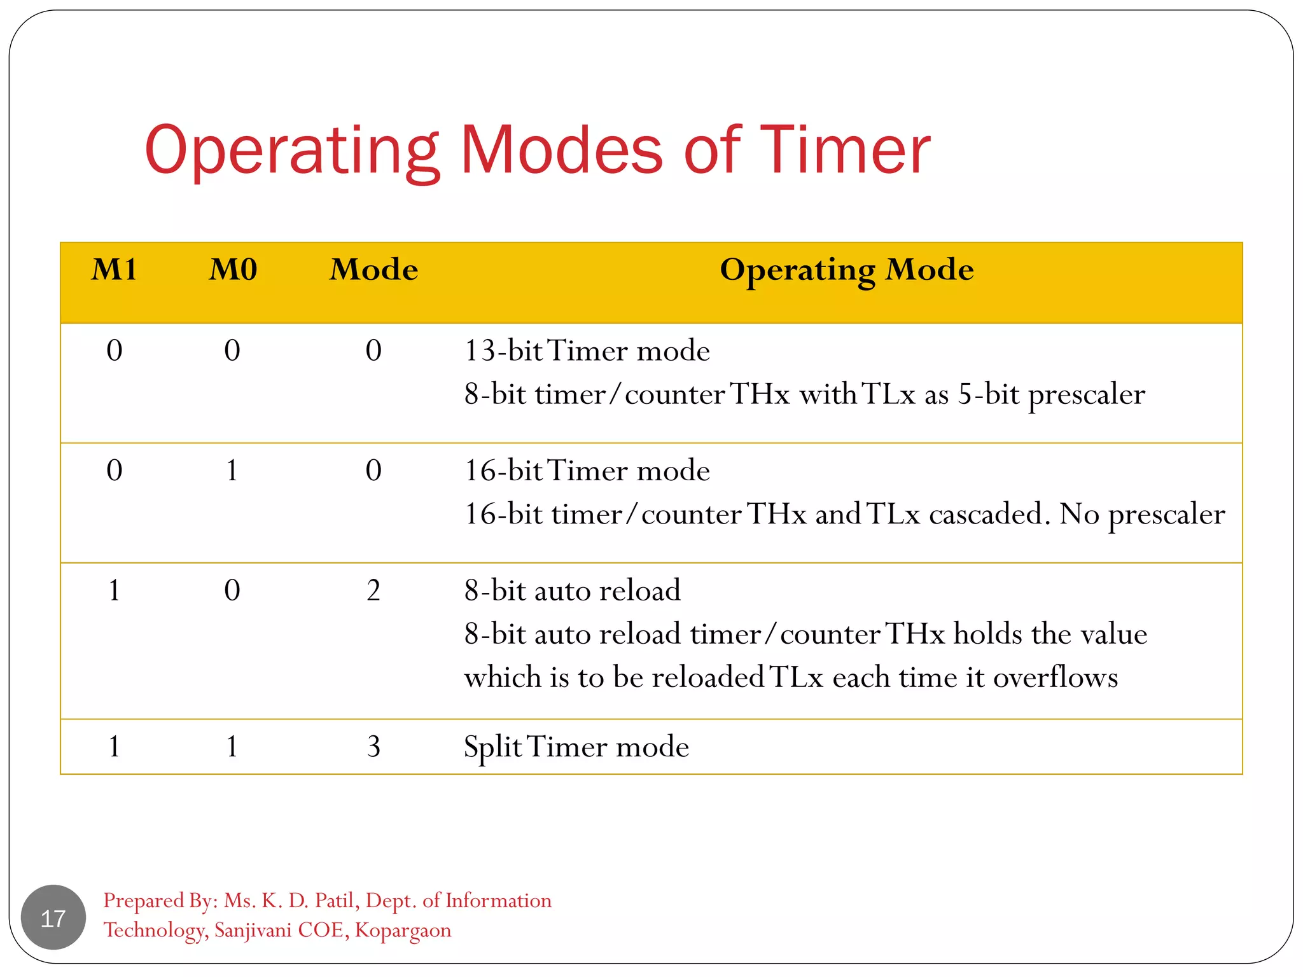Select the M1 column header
tap(115, 270)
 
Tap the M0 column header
tap(233, 270)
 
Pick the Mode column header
tap(373, 270)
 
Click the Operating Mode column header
tap(846, 270)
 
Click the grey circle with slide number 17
tap(53, 917)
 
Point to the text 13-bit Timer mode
tap(587, 350)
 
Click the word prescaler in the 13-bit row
tap(1086, 395)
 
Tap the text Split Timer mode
tap(576, 747)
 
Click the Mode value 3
tap(373, 747)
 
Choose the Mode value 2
tap(373, 591)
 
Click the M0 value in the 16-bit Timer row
tap(232, 471)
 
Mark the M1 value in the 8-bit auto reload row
tap(115, 591)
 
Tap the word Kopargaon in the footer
tap(403, 930)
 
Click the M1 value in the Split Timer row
tap(115, 747)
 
